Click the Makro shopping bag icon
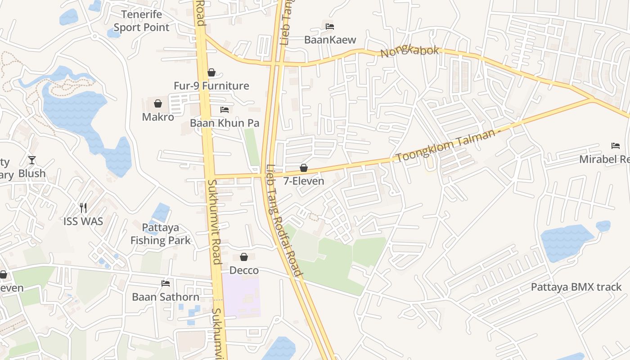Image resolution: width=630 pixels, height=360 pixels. [x=158, y=104]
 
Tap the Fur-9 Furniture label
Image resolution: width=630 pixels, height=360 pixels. [x=211, y=85]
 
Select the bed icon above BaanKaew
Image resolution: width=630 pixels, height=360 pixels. [x=330, y=27]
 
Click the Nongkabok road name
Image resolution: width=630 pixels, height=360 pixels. [x=409, y=51]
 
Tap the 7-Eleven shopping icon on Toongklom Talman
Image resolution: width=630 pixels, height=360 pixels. [x=304, y=168]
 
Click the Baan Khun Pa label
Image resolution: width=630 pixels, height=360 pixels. [x=224, y=123]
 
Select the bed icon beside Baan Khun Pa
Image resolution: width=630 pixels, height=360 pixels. [x=225, y=110]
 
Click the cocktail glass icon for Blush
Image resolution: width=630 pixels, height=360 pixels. [x=31, y=160]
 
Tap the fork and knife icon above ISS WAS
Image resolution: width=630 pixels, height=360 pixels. [x=83, y=208]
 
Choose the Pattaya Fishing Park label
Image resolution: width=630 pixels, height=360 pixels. [x=161, y=234]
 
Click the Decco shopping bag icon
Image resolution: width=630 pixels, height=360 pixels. [x=244, y=257]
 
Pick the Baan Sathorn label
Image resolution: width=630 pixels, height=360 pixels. [x=166, y=297]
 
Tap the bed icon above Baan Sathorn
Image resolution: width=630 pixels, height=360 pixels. [x=166, y=283]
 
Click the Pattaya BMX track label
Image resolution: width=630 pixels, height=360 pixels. [x=576, y=287]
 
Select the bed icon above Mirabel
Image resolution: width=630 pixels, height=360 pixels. [x=616, y=146]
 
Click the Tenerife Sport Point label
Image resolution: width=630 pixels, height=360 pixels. [x=141, y=21]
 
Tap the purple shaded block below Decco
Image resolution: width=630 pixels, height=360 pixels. [x=242, y=297]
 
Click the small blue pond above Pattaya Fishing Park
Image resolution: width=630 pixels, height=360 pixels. [x=161, y=212]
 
